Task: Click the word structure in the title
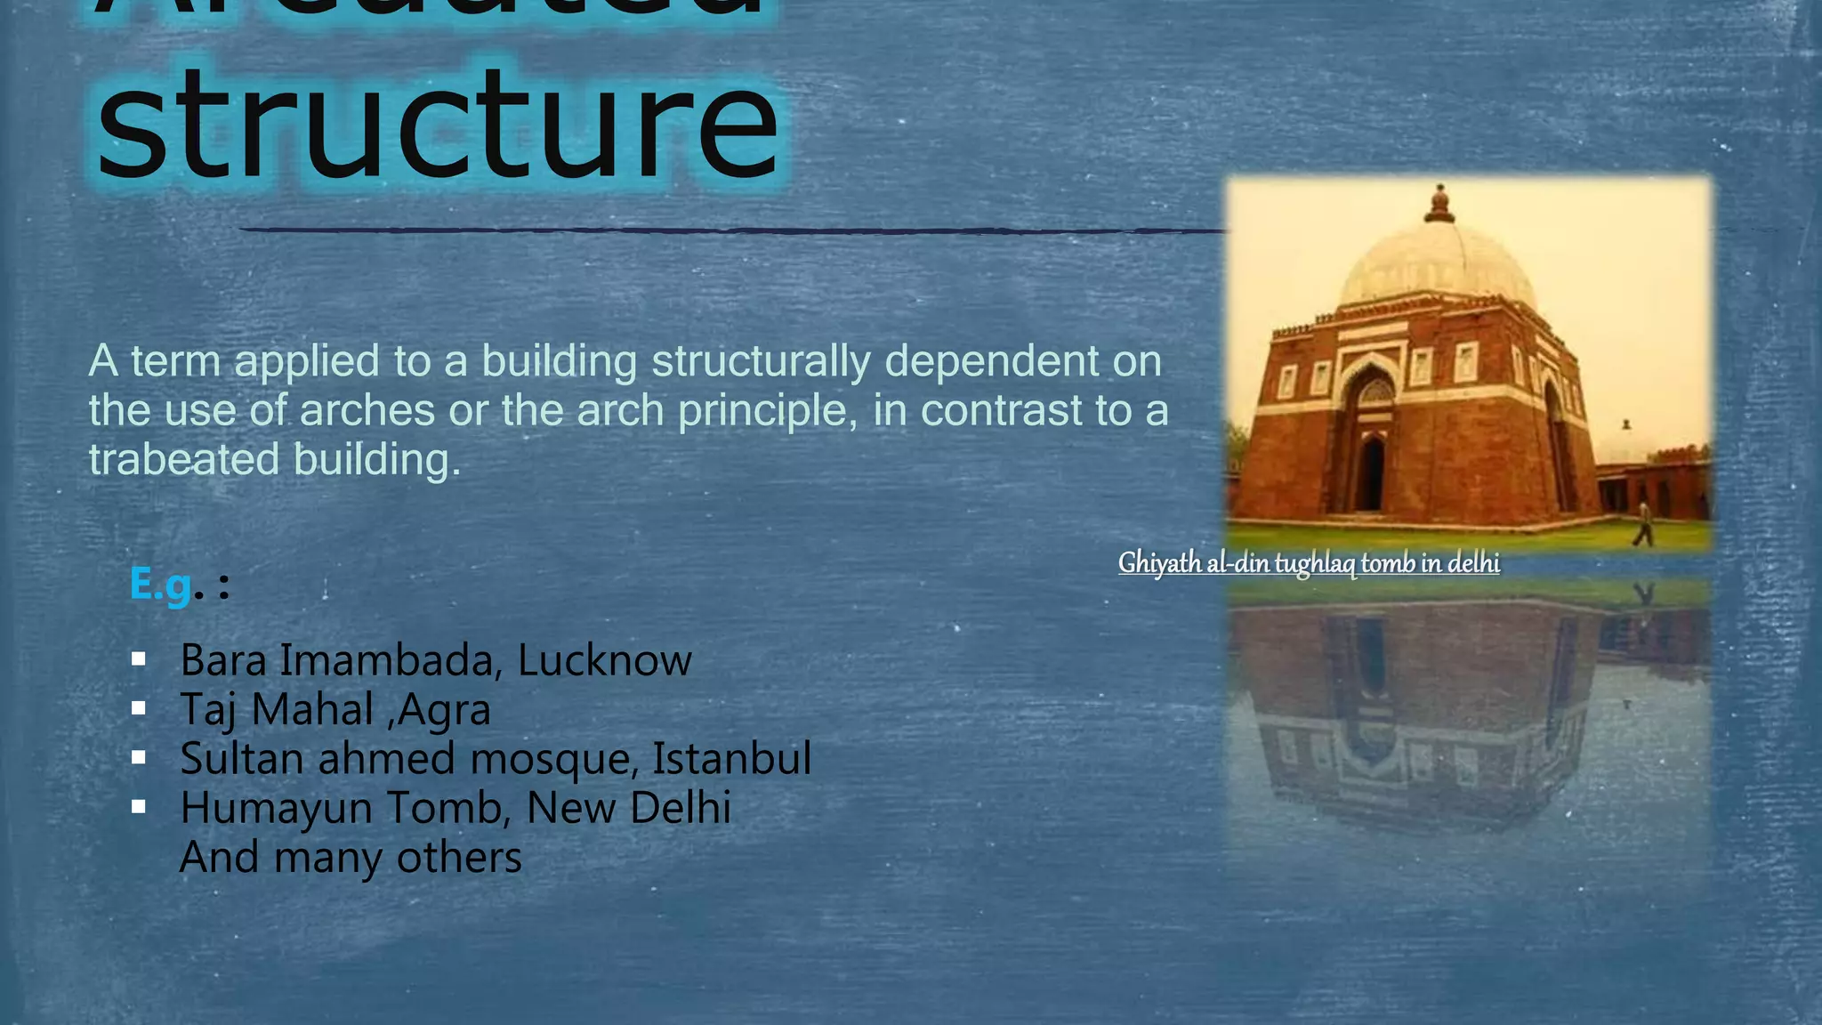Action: click(x=436, y=125)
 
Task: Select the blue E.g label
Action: click(x=160, y=585)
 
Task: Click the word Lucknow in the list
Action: click(x=604, y=660)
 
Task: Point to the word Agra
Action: click(x=445, y=710)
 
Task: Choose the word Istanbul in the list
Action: click(x=731, y=759)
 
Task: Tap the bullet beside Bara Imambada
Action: click(x=138, y=659)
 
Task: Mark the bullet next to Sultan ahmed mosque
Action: click(x=138, y=758)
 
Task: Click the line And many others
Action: click(x=351, y=858)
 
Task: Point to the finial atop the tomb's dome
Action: click(x=1439, y=205)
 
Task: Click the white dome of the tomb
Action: click(x=1437, y=262)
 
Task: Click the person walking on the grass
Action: click(x=1643, y=524)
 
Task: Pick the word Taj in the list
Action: click(x=209, y=710)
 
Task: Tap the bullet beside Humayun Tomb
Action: click(x=138, y=807)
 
